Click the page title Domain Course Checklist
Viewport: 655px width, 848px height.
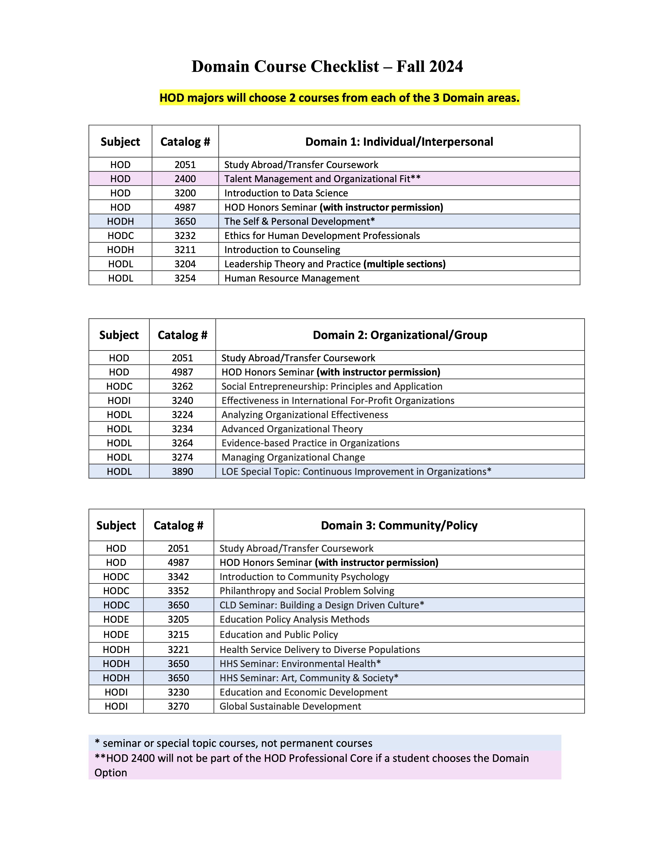(x=327, y=66)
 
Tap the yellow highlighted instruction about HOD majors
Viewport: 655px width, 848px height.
(x=339, y=98)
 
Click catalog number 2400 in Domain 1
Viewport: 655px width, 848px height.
(x=185, y=179)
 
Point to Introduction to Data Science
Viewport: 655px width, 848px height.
(x=286, y=193)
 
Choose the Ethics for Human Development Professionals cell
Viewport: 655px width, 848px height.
(x=322, y=236)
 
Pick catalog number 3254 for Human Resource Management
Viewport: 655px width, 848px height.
(x=185, y=278)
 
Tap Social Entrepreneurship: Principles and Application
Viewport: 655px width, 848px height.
(x=332, y=386)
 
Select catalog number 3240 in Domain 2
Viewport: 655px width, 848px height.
(x=182, y=401)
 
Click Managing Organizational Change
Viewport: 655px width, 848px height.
(x=293, y=457)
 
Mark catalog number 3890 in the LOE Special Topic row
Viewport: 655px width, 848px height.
(x=182, y=472)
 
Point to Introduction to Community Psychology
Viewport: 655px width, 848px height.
(x=304, y=577)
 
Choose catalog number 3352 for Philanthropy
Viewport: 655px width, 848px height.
(x=179, y=591)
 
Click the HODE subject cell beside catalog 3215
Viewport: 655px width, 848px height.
(x=116, y=635)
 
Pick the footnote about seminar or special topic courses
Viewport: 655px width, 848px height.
(x=234, y=743)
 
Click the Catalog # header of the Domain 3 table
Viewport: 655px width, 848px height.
(x=179, y=525)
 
